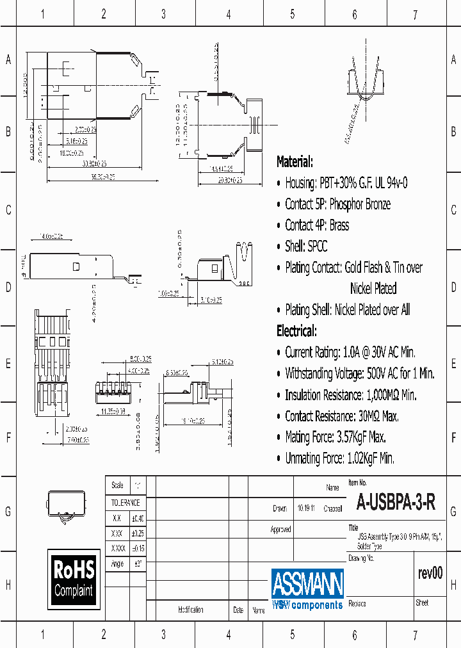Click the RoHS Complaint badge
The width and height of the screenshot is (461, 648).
74,578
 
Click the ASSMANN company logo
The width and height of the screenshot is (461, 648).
307,588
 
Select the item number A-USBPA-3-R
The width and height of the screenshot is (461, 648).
396,503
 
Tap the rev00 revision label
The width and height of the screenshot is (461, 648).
429,573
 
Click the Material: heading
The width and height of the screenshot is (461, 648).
295,161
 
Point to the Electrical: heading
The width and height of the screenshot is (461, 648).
296,331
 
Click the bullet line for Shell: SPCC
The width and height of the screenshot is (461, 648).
306,246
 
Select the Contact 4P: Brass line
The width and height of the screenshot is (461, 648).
317,225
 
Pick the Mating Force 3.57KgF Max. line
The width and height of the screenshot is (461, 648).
335,437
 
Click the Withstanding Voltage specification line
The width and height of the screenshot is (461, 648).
359,373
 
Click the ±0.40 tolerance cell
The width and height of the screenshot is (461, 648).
138,518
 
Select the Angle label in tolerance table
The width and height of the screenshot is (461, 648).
117,564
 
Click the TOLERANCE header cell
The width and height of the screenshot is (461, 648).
125,503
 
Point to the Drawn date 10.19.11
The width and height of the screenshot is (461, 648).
305,509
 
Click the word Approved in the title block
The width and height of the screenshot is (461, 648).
280,530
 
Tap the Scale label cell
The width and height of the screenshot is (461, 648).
117,485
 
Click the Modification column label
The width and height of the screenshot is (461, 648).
191,610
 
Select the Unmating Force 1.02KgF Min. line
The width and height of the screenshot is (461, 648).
339,458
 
